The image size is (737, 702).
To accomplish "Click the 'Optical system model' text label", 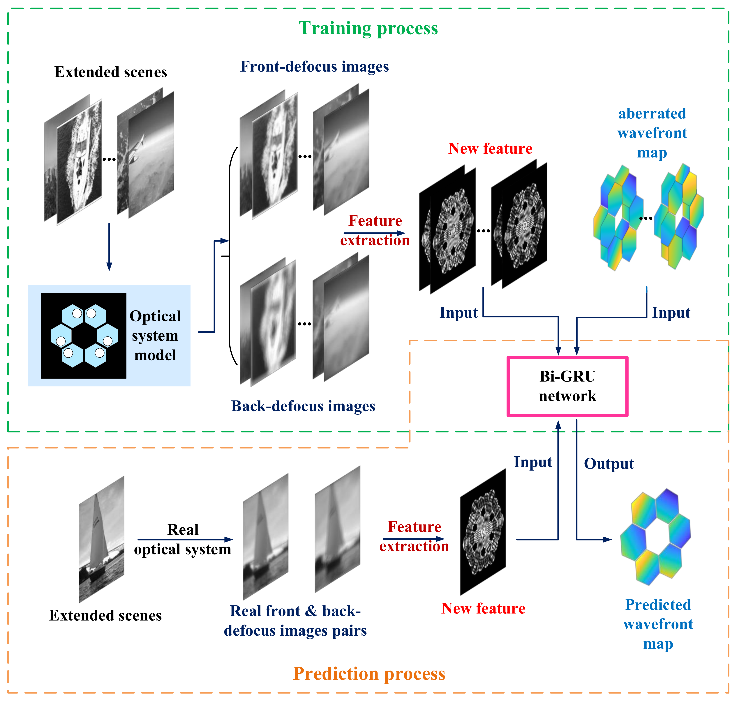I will (x=155, y=336).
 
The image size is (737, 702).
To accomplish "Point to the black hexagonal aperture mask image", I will (x=84, y=336).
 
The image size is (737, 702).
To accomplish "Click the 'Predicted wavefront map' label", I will (x=658, y=624).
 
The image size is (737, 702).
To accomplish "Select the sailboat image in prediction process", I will (x=101, y=539).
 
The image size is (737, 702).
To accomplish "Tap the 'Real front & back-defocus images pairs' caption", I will (x=295, y=621).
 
